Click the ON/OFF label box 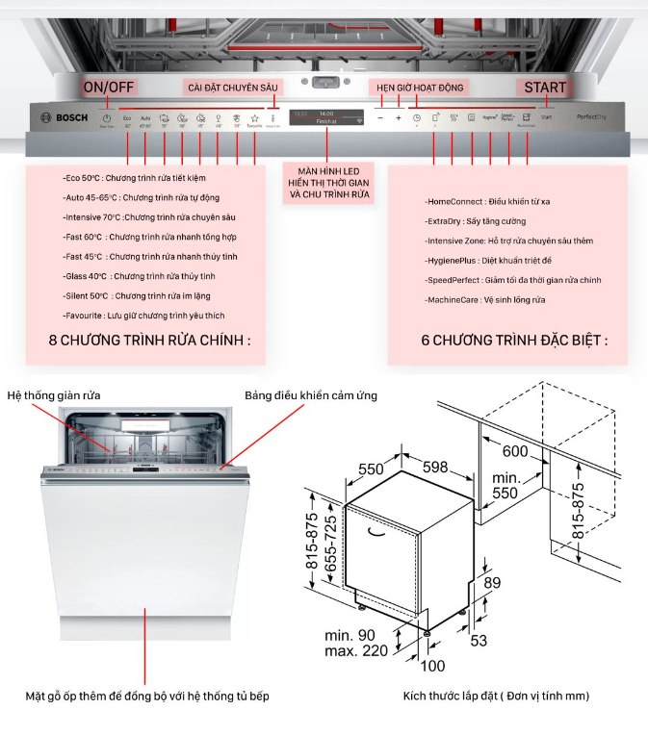pyautogui.click(x=108, y=88)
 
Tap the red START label pyautogui.click(x=545, y=88)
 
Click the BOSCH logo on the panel pyautogui.click(x=65, y=117)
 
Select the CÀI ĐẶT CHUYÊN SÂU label pyautogui.click(x=232, y=88)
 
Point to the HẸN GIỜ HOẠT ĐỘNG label pyautogui.click(x=420, y=88)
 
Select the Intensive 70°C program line pyautogui.click(x=145, y=217)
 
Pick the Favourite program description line pyautogui.click(x=143, y=316)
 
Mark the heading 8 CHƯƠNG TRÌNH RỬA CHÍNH pyautogui.click(x=149, y=341)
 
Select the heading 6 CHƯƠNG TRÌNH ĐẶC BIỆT pyautogui.click(x=514, y=341)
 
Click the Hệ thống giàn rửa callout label pyautogui.click(x=54, y=395)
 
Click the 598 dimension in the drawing pyautogui.click(x=435, y=468)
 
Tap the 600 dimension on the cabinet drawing pyautogui.click(x=515, y=451)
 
